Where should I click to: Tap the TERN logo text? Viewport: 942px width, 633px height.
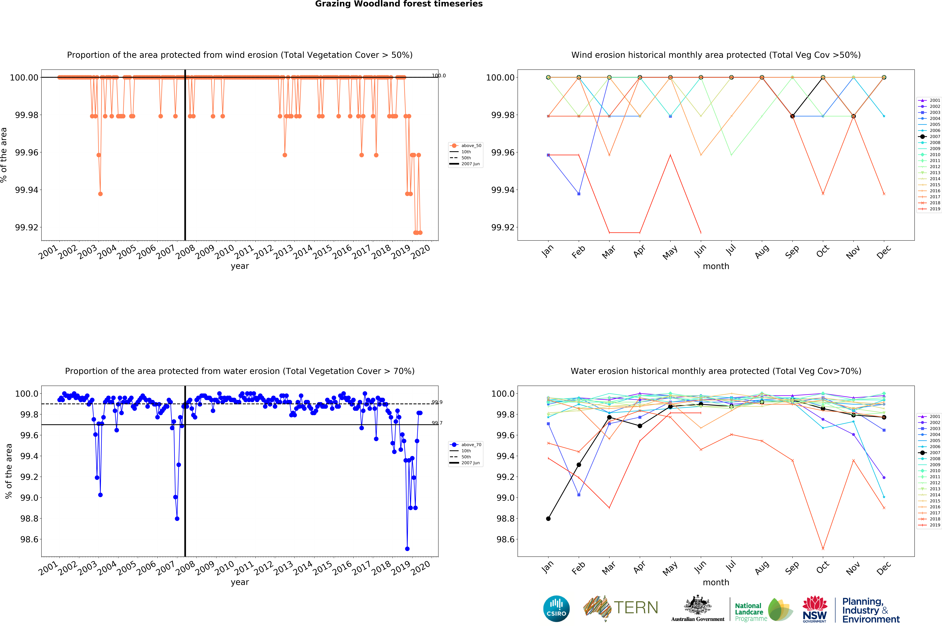(x=636, y=608)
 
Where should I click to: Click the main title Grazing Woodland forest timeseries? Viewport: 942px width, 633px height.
(x=399, y=4)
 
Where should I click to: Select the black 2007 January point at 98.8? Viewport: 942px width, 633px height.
(x=548, y=519)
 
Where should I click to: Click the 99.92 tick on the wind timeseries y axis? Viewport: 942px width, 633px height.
(x=27, y=227)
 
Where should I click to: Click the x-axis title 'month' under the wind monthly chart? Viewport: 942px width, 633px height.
(x=716, y=266)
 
